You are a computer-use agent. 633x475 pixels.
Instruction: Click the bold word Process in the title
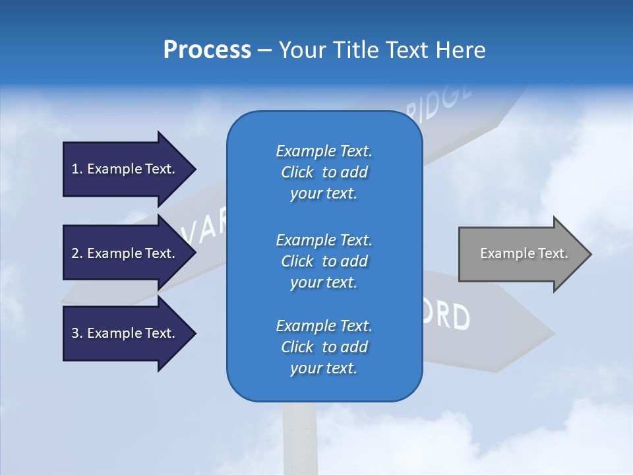pyautogui.click(x=207, y=50)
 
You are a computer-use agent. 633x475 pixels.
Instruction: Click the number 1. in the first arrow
pyautogui.click(x=76, y=169)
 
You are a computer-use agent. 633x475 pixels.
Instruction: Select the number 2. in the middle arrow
pyautogui.click(x=76, y=253)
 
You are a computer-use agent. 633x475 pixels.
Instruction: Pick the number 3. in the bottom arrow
pyautogui.click(x=76, y=333)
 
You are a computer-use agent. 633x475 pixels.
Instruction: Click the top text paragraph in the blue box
pyautogui.click(x=324, y=172)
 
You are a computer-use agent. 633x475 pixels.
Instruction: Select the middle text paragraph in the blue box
pyautogui.click(x=324, y=261)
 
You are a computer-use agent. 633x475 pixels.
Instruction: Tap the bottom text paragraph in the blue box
pyautogui.click(x=324, y=347)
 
